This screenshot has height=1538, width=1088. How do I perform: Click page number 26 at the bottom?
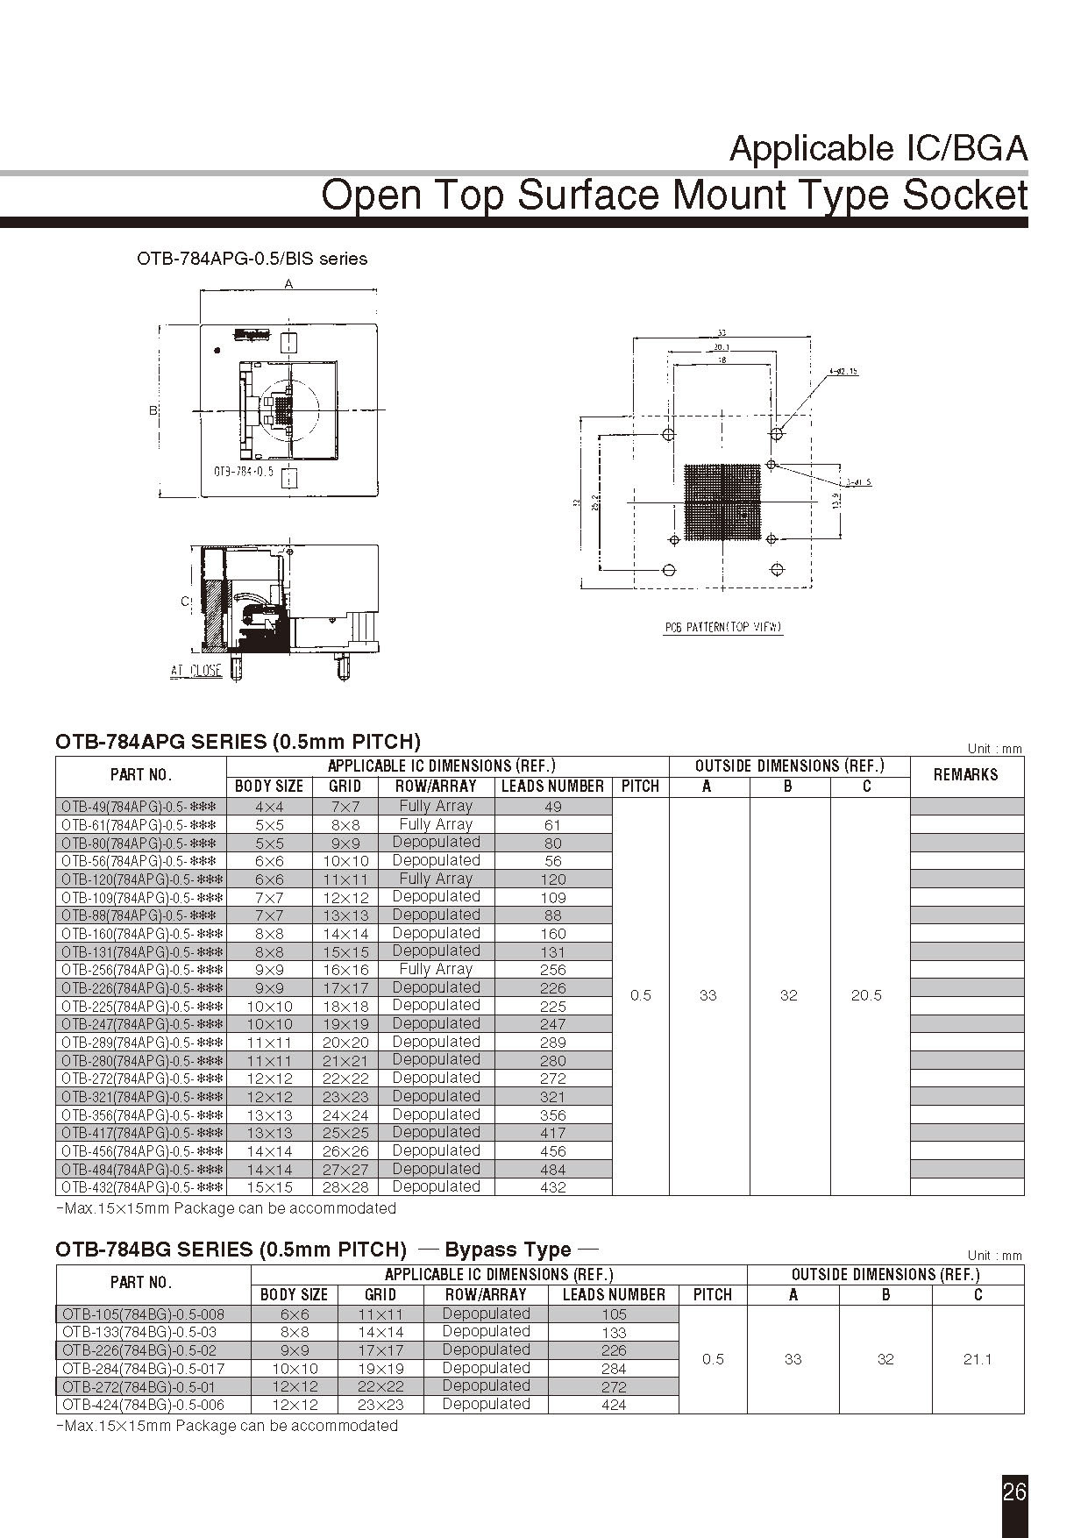click(x=1013, y=1491)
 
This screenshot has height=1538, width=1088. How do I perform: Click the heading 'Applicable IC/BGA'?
click(x=878, y=149)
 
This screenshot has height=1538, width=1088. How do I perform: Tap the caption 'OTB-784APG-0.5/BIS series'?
click(x=252, y=259)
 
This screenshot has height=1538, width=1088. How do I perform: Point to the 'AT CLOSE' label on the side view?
click(x=196, y=671)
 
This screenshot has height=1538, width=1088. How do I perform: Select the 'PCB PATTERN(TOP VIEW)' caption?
click(x=722, y=627)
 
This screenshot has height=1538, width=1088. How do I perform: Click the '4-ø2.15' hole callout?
click(x=843, y=372)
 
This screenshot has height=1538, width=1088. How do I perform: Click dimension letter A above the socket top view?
click(x=288, y=283)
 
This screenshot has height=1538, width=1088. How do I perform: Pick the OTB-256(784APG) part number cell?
click(x=141, y=970)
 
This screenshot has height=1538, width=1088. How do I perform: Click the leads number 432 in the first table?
click(x=552, y=1187)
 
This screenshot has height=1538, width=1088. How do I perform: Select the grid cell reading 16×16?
click(x=345, y=970)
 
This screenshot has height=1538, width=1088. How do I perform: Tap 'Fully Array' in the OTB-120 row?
click(x=435, y=879)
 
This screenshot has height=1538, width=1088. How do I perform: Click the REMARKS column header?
click(x=965, y=775)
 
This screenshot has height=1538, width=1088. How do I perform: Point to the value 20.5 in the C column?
click(x=865, y=995)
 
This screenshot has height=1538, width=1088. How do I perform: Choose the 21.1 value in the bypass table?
click(x=977, y=1359)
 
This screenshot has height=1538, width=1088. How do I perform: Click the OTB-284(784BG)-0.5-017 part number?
click(x=143, y=1369)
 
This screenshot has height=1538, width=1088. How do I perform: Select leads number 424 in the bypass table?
click(x=614, y=1405)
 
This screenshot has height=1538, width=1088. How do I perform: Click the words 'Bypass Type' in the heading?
click(x=508, y=1250)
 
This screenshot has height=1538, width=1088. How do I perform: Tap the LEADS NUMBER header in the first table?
click(x=552, y=787)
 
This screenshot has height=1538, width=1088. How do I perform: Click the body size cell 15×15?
click(x=269, y=1187)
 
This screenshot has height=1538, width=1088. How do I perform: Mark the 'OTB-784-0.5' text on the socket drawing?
click(x=244, y=472)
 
